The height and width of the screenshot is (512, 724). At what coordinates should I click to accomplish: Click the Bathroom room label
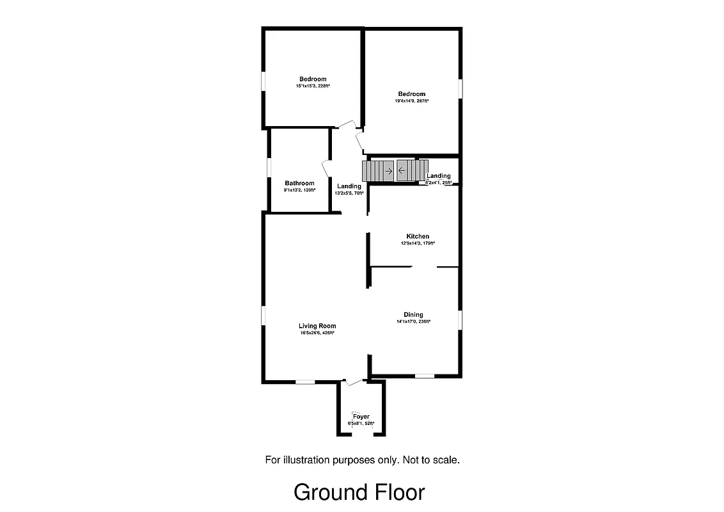(299, 183)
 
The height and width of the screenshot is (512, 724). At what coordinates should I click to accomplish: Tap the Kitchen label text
(418, 236)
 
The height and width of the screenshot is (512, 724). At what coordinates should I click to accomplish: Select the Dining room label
(413, 314)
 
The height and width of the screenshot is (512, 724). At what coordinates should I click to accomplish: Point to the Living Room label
(317, 326)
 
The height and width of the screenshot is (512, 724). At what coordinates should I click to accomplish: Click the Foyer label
(361, 417)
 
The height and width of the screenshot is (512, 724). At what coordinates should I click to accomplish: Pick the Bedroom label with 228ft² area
(312, 79)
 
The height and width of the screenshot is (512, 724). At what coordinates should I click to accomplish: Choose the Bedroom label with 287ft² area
(411, 94)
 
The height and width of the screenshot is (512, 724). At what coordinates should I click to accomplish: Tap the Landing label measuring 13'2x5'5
(349, 186)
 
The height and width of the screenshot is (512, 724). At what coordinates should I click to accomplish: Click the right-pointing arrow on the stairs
(388, 171)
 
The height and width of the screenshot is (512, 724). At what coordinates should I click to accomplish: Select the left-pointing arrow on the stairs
(402, 171)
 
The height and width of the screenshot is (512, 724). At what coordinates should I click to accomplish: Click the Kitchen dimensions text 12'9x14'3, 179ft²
(418, 243)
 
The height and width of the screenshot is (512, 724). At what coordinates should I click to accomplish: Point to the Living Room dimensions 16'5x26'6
(317, 333)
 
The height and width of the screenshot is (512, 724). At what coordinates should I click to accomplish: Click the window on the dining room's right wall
(459, 320)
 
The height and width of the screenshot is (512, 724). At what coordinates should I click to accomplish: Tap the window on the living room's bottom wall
(305, 382)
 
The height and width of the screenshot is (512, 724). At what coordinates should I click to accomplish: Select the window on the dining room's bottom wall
(425, 376)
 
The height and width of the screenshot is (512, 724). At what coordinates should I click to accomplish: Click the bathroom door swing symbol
(326, 170)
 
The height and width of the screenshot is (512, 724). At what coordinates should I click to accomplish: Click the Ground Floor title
(359, 492)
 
